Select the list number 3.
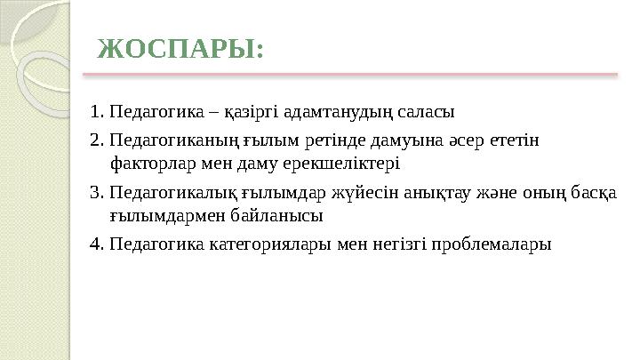click(x=95, y=192)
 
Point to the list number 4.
click(x=95, y=244)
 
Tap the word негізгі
click(x=394, y=244)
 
